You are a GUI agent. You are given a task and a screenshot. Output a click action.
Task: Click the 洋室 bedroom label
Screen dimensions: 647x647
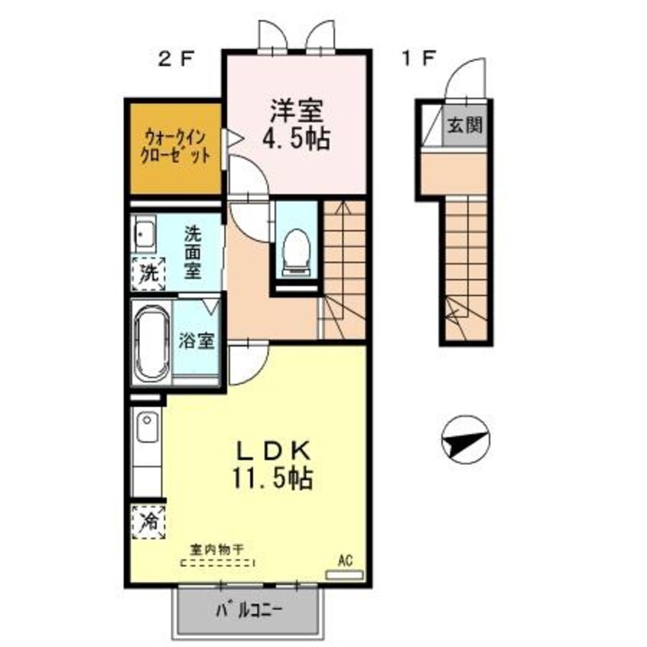pos(295,111)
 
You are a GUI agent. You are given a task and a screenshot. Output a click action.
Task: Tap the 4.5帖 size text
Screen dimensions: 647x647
pos(295,140)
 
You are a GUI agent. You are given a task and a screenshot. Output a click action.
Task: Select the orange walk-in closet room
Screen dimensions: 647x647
pos(174,147)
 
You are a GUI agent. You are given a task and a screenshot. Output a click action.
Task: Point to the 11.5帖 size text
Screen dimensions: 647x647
pos(272,480)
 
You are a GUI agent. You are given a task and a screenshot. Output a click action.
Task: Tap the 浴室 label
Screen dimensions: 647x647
pos(197,341)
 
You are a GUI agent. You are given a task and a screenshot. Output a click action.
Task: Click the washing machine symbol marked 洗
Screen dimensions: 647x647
pos(148,271)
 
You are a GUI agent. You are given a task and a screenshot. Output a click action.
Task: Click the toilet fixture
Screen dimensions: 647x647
pos(295,249)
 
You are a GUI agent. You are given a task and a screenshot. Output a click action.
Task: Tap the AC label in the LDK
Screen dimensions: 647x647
pos(345,562)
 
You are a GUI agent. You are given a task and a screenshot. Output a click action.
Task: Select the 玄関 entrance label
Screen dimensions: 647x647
pos(465,125)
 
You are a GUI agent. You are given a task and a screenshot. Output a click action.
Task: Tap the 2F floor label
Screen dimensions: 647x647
pos(176,59)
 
